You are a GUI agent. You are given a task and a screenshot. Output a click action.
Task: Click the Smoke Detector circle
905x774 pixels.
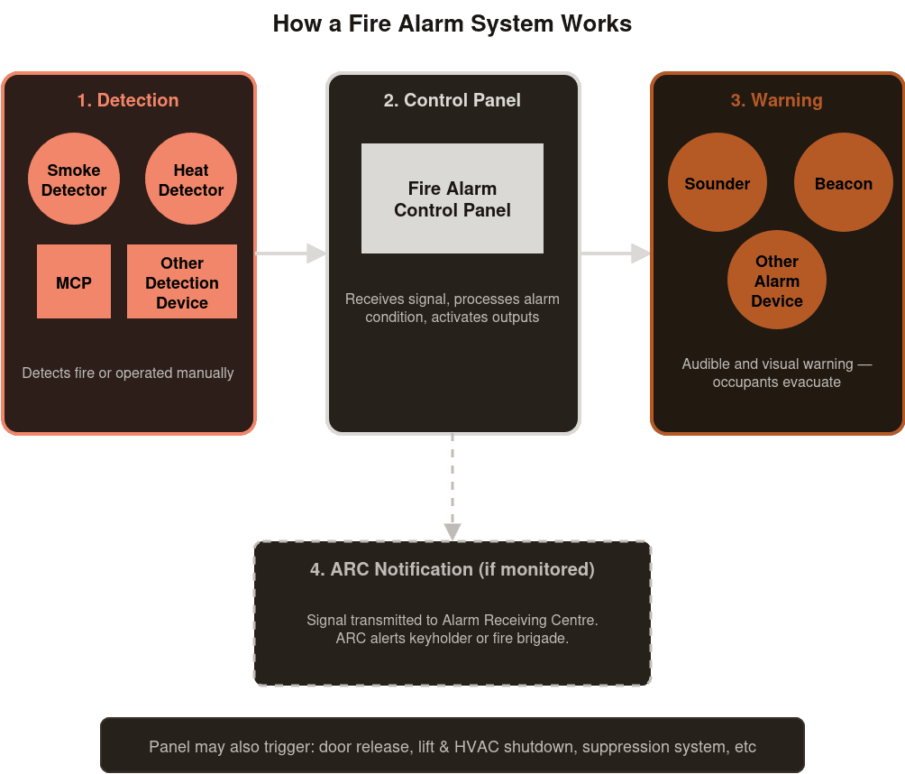(74, 180)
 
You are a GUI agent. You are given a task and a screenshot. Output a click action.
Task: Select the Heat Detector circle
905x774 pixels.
(191, 180)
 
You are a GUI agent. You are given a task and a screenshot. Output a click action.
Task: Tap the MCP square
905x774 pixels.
(74, 281)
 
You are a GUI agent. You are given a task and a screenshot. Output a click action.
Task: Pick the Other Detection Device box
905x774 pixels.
(182, 281)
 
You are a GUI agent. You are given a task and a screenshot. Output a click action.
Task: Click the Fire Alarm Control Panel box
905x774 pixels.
(452, 198)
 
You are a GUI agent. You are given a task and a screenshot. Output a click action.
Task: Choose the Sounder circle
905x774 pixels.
(718, 183)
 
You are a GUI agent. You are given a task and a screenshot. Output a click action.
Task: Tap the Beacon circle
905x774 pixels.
(844, 183)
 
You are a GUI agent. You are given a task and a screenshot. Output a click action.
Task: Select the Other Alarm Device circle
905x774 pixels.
(777, 281)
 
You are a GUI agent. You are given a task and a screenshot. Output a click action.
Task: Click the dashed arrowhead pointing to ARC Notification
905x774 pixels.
(452, 531)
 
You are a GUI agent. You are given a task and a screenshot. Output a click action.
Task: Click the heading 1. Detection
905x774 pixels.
(128, 100)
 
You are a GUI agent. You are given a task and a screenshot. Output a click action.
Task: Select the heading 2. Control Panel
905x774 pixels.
(452, 100)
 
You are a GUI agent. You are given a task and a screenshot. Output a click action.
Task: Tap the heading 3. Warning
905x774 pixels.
(777, 100)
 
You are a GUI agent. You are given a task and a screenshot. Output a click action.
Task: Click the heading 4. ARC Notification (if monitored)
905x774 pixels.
(452, 569)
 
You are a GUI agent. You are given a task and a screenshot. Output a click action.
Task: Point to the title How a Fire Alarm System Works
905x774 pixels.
(452, 23)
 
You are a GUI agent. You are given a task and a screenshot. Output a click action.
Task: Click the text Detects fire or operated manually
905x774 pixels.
(128, 373)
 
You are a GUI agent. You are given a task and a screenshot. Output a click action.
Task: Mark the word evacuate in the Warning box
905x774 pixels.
(811, 382)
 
